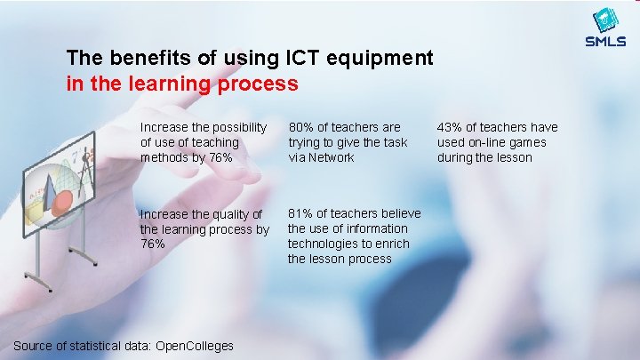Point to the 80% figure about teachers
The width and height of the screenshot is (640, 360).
coord(300,128)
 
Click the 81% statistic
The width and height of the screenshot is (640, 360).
coord(300,213)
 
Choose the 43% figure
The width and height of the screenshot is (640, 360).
coord(449,128)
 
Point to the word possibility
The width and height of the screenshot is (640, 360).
coord(236,128)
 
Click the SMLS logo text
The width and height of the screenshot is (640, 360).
coord(605,41)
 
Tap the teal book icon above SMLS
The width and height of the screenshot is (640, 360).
coord(605,20)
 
